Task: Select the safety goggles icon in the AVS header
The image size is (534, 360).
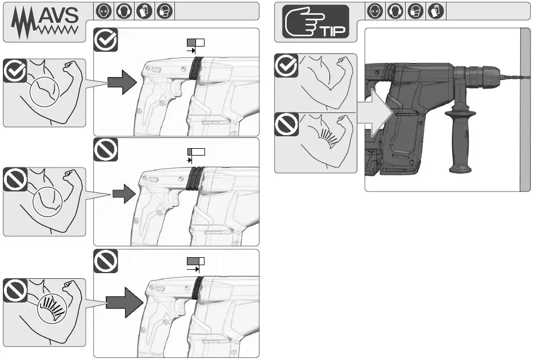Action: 103,11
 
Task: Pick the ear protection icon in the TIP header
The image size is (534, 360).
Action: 394,11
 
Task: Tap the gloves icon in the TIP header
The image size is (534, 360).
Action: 435,11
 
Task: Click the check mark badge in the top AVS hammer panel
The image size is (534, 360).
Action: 106,40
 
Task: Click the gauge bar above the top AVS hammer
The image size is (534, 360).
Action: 195,42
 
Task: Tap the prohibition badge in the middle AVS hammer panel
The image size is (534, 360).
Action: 106,149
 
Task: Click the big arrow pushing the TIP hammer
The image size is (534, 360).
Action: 375,114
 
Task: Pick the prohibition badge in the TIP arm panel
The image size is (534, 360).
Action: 286,125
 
